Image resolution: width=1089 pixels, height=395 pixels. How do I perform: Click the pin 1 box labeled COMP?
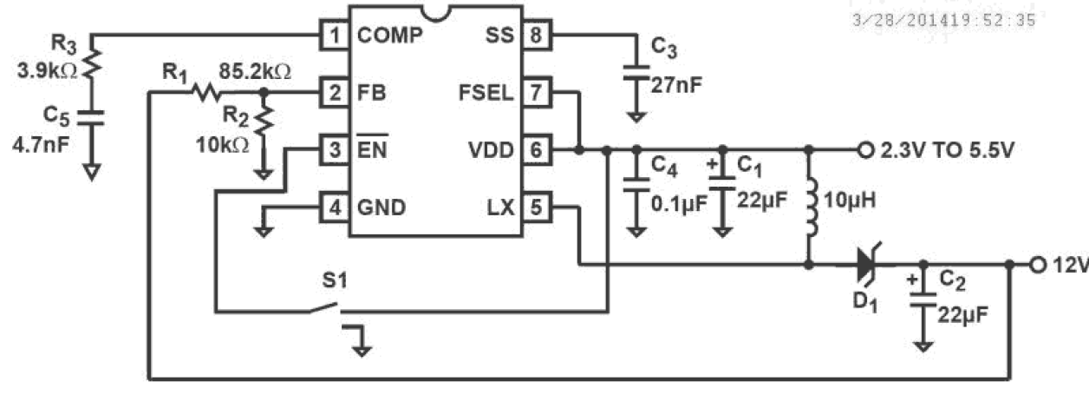334,36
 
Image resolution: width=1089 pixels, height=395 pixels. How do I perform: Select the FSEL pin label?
491,92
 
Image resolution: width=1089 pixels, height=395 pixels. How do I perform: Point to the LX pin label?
500,207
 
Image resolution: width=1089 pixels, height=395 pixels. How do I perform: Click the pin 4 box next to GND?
334,207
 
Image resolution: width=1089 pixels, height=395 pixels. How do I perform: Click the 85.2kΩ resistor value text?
254,69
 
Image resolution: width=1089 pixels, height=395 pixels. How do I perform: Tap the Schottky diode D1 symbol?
865,264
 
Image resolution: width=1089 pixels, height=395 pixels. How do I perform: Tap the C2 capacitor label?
953,280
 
